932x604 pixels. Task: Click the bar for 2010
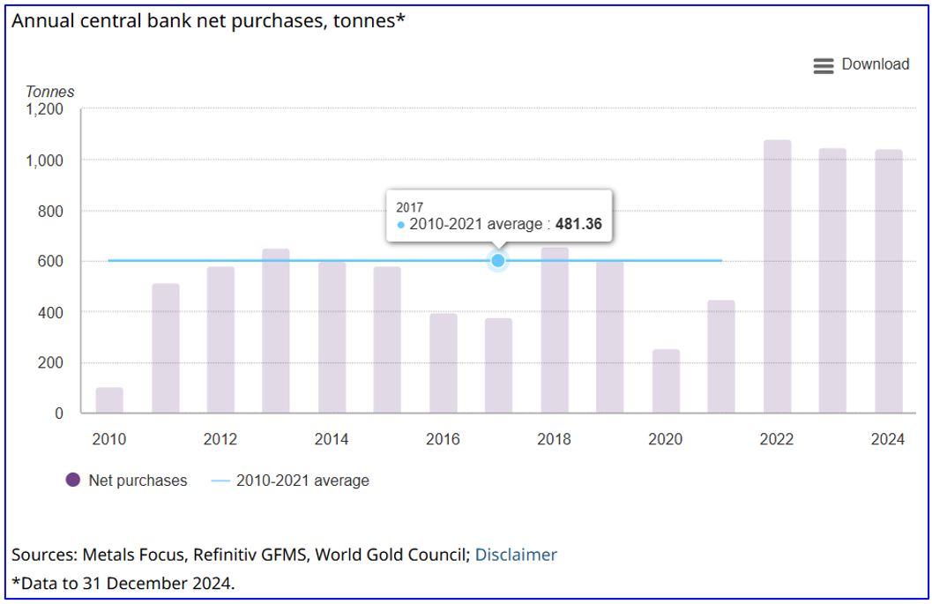109,400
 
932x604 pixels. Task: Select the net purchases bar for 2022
777,277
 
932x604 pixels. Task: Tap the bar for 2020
666,381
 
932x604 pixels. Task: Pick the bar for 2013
276,331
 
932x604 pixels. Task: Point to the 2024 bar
888,281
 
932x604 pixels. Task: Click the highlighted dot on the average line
498,260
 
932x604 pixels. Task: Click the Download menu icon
823,65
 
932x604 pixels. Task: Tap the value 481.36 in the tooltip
578,224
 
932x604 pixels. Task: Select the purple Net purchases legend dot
73,481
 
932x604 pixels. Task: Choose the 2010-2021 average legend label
302,481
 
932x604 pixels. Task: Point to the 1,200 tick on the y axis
46,109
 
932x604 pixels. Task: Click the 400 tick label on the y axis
54,312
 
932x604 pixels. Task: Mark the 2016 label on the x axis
443,439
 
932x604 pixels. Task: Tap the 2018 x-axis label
554,439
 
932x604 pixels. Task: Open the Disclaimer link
516,555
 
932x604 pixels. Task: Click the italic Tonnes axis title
49,92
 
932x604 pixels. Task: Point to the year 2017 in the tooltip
410,207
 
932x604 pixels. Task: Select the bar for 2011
165,348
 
